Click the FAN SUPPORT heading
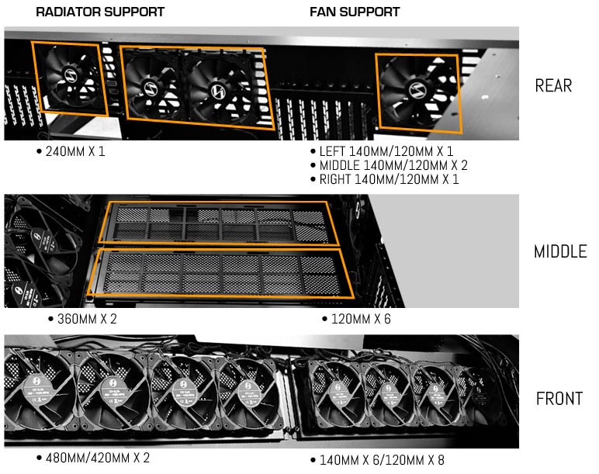[355, 12]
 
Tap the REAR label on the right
[553, 85]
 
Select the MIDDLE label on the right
[559, 252]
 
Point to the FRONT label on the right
[559, 399]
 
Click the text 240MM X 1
[71, 151]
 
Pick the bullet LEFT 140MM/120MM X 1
[382, 152]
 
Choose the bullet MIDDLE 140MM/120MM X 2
[389, 166]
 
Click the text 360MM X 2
[87, 318]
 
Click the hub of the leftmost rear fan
[67, 78]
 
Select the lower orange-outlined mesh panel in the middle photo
[221, 274]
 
